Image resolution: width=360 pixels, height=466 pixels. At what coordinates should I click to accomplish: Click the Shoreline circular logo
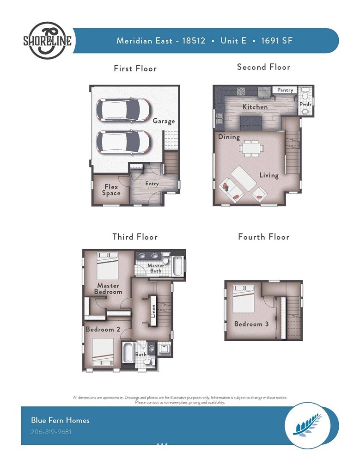point(48,40)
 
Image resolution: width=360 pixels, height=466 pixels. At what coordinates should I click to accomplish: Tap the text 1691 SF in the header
point(277,40)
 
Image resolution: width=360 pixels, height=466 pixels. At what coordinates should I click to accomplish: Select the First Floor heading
point(135,68)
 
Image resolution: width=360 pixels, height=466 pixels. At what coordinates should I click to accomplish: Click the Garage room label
point(164,121)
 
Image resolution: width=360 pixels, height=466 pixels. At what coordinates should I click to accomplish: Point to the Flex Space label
point(111,190)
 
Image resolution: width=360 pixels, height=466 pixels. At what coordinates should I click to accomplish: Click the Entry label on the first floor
point(152,184)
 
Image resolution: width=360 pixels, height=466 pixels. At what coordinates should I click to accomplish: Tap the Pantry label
point(285,90)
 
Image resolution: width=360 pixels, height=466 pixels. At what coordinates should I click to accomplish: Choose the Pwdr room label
point(305,104)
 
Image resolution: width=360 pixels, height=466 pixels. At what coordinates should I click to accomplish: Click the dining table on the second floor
point(251,148)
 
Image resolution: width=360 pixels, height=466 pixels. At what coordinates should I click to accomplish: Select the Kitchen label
point(255,107)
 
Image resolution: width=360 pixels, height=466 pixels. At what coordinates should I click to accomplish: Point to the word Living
point(269,175)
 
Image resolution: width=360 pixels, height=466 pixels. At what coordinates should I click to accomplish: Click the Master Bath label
point(156,268)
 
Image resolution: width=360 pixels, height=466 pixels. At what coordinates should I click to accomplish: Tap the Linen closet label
point(153,311)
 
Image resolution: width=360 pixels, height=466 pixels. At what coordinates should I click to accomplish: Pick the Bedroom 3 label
point(251,324)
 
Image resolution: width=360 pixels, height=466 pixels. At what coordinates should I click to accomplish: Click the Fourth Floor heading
point(264,237)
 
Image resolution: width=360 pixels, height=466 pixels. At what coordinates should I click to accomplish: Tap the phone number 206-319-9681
point(51,431)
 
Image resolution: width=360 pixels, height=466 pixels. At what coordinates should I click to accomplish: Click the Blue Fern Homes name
point(60,420)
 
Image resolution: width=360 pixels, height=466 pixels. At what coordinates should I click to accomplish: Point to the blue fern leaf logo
point(307,425)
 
